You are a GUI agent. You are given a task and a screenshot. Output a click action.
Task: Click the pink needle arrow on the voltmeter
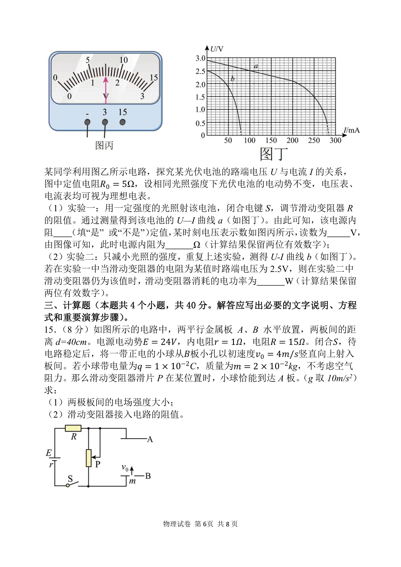(x=106, y=88)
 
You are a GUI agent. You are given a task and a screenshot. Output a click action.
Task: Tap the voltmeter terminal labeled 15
(x=123, y=122)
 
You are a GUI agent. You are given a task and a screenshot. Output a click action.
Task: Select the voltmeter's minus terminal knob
(x=88, y=122)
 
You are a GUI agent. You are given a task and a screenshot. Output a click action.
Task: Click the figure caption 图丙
(x=104, y=146)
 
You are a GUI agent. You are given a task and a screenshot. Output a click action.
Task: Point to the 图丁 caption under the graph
(x=273, y=154)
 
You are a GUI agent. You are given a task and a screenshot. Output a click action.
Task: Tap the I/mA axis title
(x=351, y=130)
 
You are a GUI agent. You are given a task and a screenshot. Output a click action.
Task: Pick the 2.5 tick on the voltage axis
(x=200, y=71)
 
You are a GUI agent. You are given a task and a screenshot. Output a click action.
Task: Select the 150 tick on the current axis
(x=271, y=140)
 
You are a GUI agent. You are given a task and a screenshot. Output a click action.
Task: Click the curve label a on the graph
(x=256, y=66)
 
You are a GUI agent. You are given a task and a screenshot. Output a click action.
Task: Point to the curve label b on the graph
(x=233, y=79)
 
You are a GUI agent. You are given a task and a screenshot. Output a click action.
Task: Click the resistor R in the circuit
(x=73, y=428)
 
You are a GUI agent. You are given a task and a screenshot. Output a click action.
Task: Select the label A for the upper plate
(x=149, y=439)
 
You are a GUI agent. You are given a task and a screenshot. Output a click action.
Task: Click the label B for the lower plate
(x=148, y=475)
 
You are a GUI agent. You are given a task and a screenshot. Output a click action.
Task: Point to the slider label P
(x=98, y=464)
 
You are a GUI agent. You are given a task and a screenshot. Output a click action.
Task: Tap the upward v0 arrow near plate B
(x=132, y=471)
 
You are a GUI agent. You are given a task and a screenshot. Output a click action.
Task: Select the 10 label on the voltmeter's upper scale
(x=123, y=60)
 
